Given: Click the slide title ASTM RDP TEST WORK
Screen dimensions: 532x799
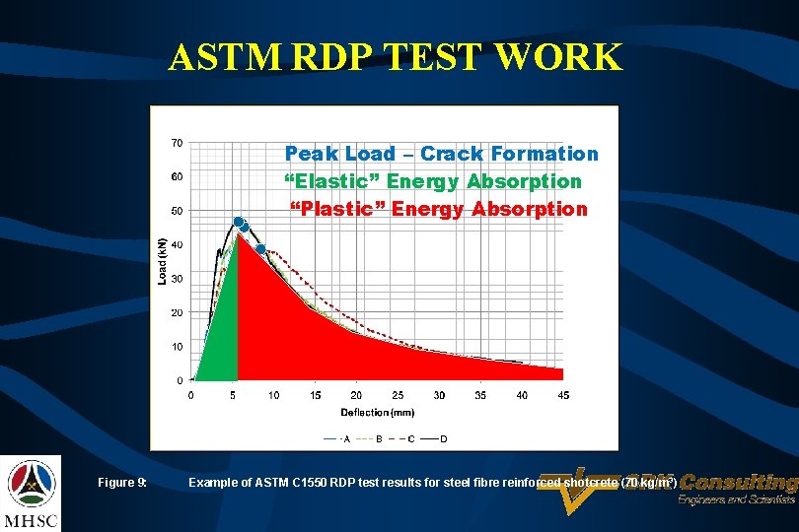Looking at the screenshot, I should click(x=396, y=57).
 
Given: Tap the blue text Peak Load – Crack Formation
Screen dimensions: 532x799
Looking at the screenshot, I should click(x=441, y=154).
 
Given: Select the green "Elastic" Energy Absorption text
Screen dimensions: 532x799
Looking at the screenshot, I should click(x=433, y=181).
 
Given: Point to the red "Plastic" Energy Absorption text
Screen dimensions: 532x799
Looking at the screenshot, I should click(x=438, y=209).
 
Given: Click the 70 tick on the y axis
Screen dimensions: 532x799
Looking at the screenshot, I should click(x=177, y=143).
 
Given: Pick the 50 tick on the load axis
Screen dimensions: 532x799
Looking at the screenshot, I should click(x=177, y=211).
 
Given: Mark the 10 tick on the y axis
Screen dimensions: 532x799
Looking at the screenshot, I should click(x=177, y=347).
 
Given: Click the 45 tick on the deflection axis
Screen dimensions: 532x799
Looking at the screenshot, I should click(x=563, y=395).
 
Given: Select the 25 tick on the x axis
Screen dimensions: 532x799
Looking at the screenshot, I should click(x=398, y=395).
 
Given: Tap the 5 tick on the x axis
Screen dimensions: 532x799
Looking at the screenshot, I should click(x=232, y=395).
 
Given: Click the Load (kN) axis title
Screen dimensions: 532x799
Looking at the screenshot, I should click(x=162, y=261).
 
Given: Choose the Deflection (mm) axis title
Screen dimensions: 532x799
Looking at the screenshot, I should click(x=378, y=412).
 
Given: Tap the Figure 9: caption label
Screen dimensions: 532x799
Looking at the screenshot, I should click(x=122, y=483).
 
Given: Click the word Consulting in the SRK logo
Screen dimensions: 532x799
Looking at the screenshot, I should click(x=738, y=483).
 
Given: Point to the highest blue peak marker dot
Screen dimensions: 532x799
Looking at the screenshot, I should click(x=238, y=221).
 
